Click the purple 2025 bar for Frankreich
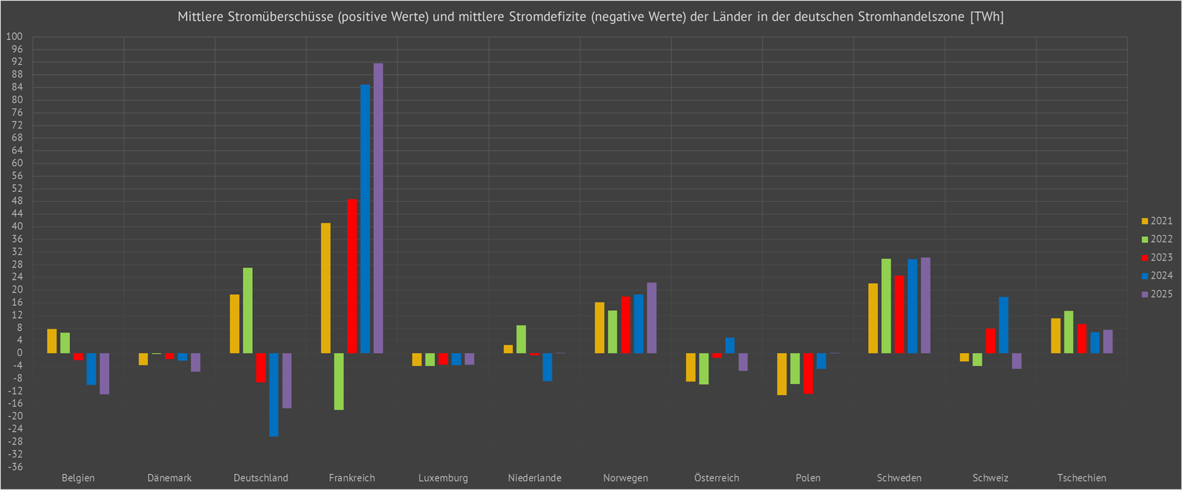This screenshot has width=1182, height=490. (x=378, y=207)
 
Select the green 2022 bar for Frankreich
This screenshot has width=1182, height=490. (x=339, y=381)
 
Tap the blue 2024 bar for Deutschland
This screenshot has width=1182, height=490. (x=274, y=394)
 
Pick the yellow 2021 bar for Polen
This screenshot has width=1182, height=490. (x=782, y=374)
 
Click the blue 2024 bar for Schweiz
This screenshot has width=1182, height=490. (x=1004, y=325)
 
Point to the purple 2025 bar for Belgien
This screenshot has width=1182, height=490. (x=105, y=373)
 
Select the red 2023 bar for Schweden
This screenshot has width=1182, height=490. (x=899, y=314)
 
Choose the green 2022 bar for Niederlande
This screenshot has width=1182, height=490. (x=521, y=339)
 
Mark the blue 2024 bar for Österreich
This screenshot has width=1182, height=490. (x=730, y=346)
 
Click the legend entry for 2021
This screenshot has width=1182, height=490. (x=1156, y=221)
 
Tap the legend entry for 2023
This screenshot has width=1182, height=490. (x=1156, y=258)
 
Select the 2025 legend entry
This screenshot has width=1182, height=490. (x=1156, y=294)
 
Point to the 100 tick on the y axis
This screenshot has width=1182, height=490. (x=14, y=37)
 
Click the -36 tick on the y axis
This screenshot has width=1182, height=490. (x=14, y=467)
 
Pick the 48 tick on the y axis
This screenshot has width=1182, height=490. (x=17, y=201)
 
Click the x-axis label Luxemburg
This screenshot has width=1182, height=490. (x=443, y=478)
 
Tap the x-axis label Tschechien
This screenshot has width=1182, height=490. (x=1081, y=478)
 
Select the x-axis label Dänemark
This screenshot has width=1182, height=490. (x=169, y=478)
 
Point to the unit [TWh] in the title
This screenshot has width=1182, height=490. (x=987, y=17)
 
